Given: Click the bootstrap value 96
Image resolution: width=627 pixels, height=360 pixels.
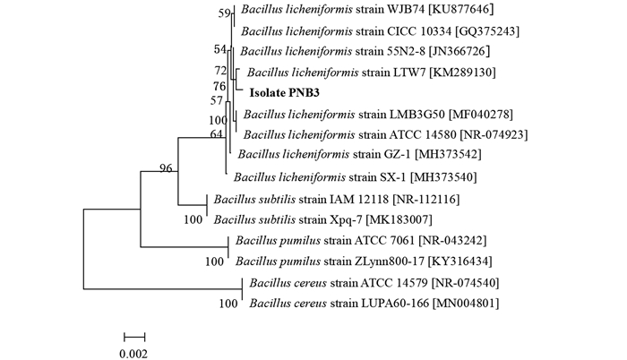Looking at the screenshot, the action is pos(166,168).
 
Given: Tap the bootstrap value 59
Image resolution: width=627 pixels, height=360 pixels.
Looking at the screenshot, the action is pos(225,14).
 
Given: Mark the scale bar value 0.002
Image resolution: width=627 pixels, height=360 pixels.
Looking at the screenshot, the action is pos(134,354).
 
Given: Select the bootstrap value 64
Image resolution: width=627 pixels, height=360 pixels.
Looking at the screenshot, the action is pos(216,134).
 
